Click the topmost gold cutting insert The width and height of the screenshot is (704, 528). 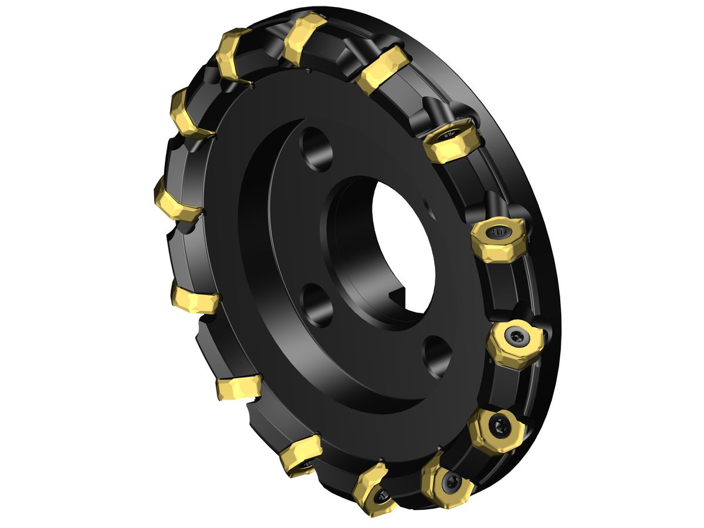pyautogui.click(x=304, y=38)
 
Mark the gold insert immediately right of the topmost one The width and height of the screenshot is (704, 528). pyautogui.click(x=381, y=68)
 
